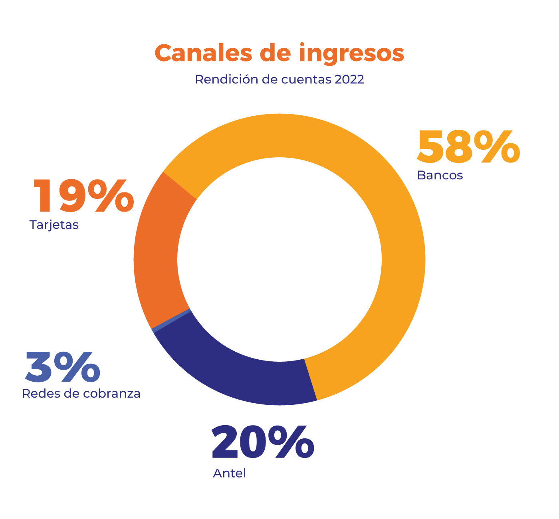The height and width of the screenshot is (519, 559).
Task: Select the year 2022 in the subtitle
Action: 349,79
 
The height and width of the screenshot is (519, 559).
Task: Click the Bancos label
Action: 440,175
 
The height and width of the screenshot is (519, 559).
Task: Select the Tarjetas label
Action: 54,225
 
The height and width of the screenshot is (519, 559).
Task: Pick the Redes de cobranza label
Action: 81,394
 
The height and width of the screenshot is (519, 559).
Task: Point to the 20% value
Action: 263,442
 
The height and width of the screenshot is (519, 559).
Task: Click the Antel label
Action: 229,473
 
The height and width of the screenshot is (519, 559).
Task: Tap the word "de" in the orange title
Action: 276,53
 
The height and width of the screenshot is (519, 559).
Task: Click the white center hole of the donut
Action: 279,259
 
